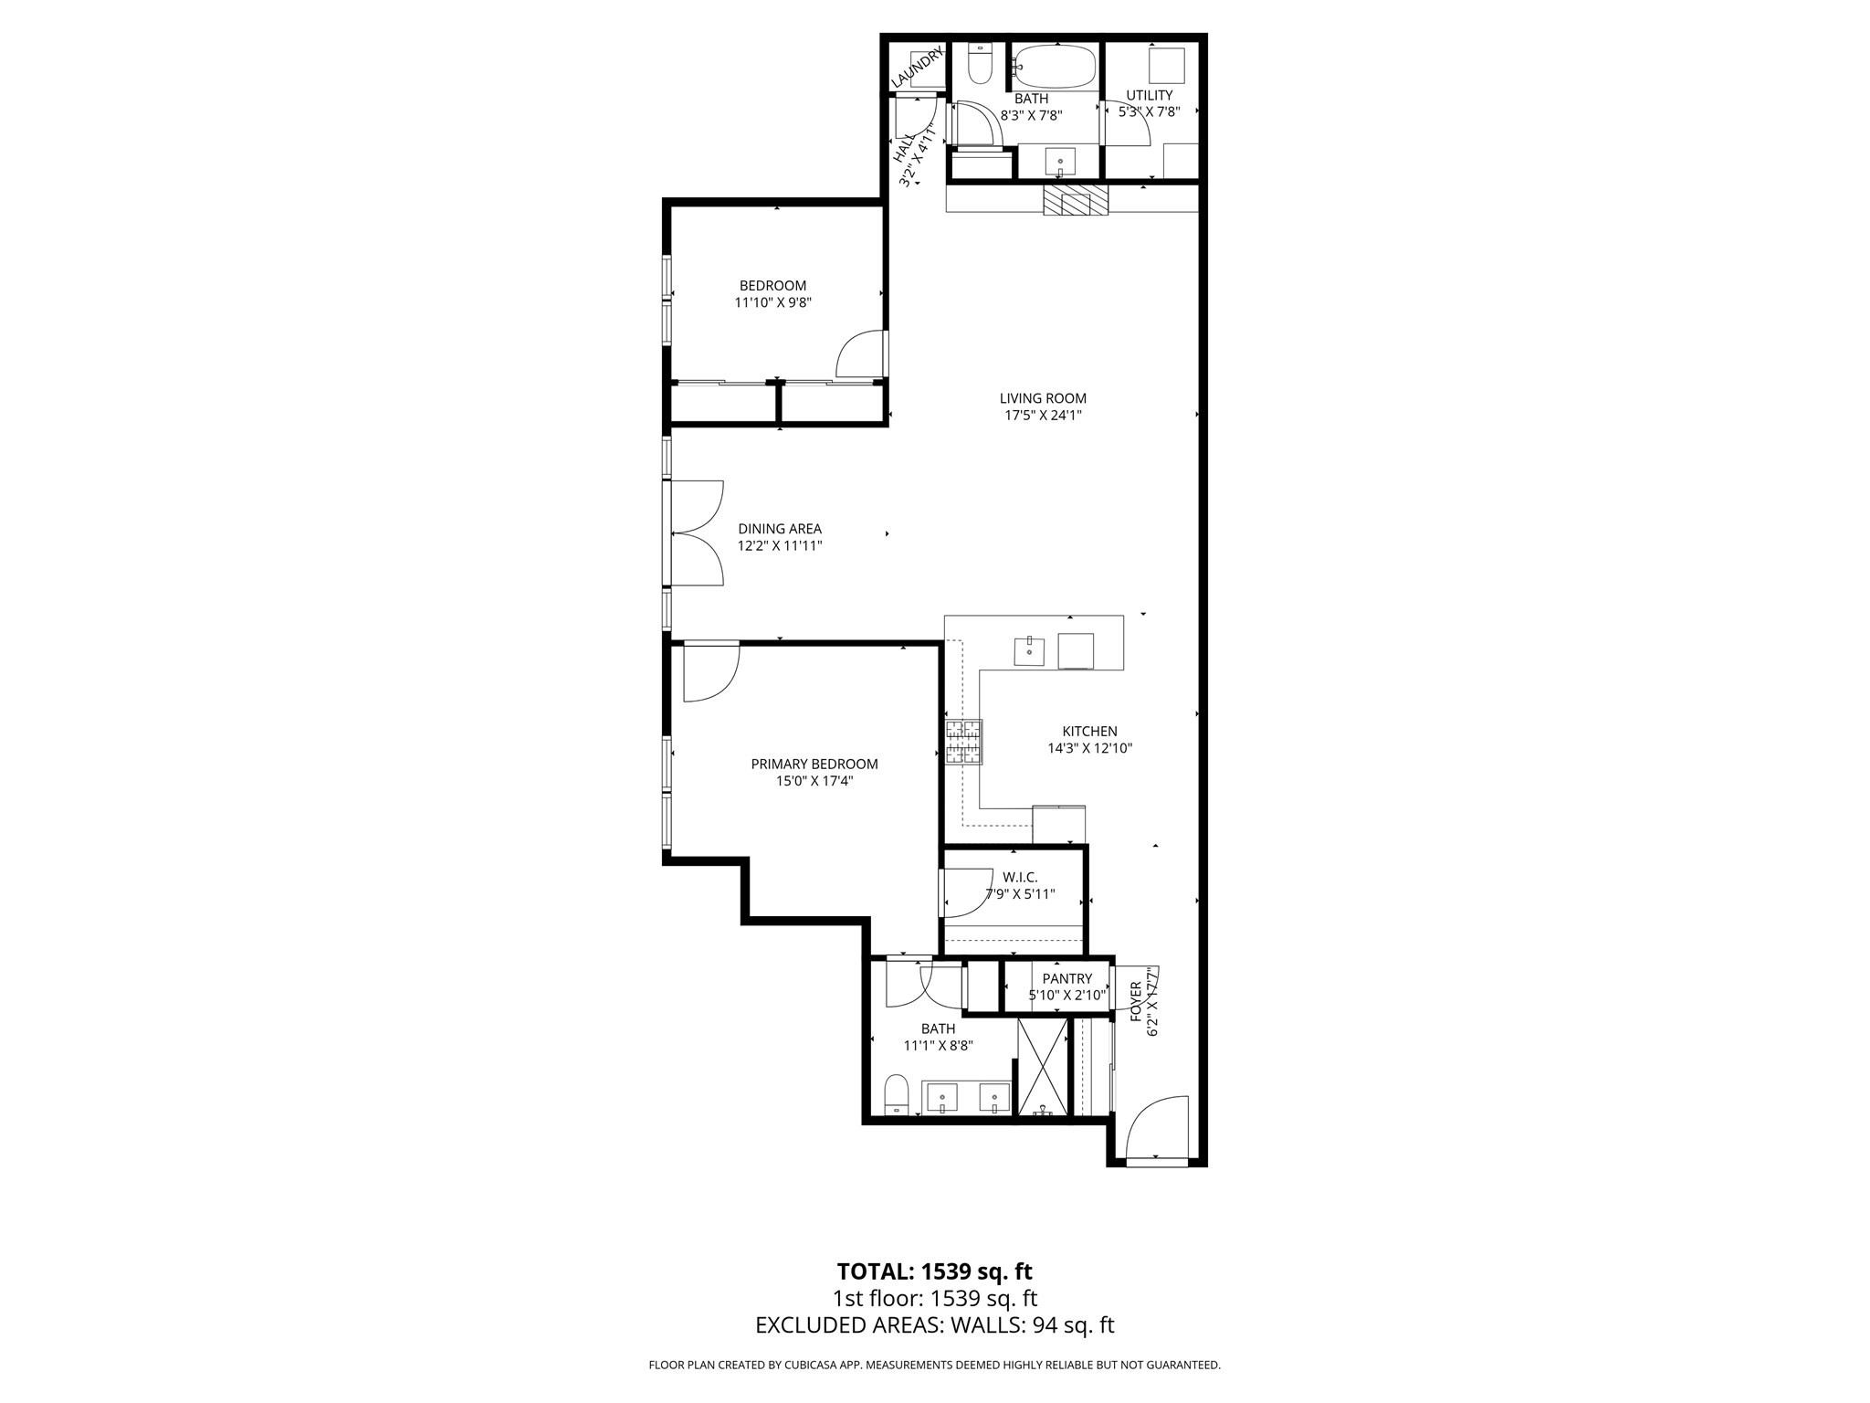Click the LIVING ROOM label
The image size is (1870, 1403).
1043,398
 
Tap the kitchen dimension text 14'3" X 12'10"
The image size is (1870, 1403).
1089,748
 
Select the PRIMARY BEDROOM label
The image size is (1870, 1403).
814,765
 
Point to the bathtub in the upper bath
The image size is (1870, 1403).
1055,66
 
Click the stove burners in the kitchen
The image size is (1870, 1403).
964,742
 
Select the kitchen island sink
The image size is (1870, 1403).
1029,651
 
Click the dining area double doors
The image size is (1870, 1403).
697,533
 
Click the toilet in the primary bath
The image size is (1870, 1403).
897,1094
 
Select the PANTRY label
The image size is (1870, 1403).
1066,979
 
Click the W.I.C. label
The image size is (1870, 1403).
1020,877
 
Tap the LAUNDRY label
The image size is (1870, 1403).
916,68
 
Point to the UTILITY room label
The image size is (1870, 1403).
1149,95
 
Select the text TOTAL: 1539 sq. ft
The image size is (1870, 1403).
934,1271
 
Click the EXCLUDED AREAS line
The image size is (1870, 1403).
934,1325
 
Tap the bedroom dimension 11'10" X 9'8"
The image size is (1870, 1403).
772,302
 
